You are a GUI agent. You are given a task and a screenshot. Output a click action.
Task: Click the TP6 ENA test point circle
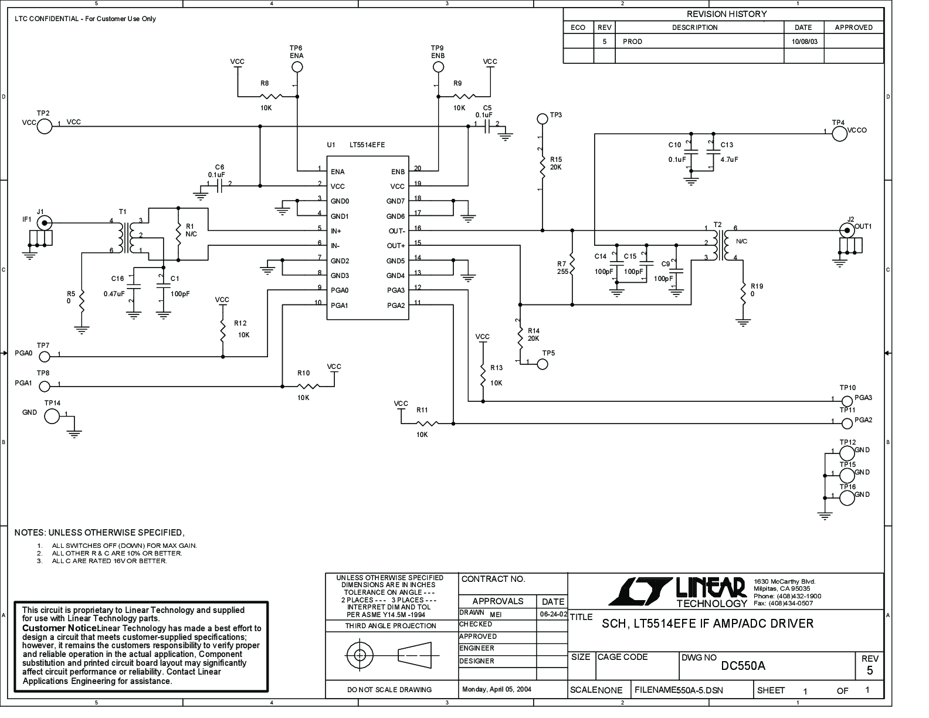tap(297, 67)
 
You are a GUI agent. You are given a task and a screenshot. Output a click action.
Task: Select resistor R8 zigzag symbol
tap(270, 96)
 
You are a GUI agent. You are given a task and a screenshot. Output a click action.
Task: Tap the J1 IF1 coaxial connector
tap(45, 223)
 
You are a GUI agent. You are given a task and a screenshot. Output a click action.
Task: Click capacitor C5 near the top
tap(487, 126)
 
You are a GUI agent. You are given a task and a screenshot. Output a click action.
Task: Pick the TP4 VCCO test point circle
tap(839, 134)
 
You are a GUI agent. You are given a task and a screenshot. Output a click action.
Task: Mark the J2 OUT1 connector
tap(847, 231)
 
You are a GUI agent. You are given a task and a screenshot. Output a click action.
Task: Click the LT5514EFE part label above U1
tap(367, 145)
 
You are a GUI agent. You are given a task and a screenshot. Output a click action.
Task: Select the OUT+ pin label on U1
tap(396, 246)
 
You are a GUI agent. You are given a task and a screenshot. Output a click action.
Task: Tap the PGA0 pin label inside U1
tap(340, 290)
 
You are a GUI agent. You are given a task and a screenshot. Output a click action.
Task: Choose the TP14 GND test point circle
tap(52, 416)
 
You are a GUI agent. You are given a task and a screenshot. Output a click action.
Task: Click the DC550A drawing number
tap(743, 666)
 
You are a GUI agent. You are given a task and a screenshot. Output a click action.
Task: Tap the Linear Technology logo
tap(677, 592)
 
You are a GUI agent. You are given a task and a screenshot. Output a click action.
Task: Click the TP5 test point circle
tap(542, 364)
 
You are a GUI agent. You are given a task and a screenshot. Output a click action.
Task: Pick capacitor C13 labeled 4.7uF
tap(711, 152)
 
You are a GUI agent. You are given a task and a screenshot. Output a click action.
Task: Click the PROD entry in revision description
tap(632, 42)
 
